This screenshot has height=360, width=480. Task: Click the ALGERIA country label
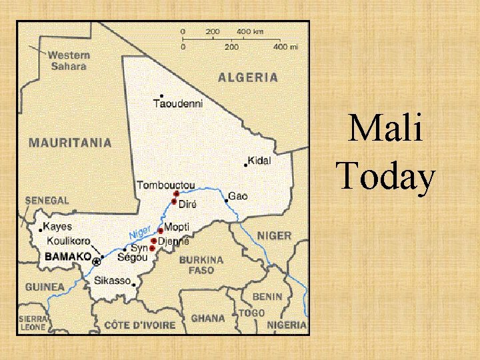click(x=247, y=77)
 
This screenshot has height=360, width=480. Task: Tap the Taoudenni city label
click(x=177, y=103)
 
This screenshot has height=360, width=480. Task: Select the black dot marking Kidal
click(x=245, y=165)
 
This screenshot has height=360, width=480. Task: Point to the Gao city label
click(x=238, y=197)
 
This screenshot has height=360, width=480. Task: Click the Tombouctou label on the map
click(x=166, y=185)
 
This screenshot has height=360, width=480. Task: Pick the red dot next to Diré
click(x=174, y=201)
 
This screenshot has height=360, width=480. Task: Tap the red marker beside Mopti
click(x=161, y=231)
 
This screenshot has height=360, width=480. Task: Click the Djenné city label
click(x=173, y=241)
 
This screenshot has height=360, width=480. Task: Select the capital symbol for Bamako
click(x=97, y=261)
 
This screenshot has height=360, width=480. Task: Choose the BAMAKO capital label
click(x=67, y=256)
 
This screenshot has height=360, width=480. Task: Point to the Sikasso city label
click(x=112, y=281)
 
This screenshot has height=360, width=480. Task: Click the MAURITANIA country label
click(x=70, y=142)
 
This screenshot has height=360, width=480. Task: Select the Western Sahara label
click(x=67, y=61)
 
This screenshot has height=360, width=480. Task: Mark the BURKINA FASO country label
click(x=201, y=265)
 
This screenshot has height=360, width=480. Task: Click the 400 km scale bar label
click(x=249, y=31)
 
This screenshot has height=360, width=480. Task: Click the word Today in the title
click(x=386, y=177)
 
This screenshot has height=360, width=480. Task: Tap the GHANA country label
click(x=207, y=318)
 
